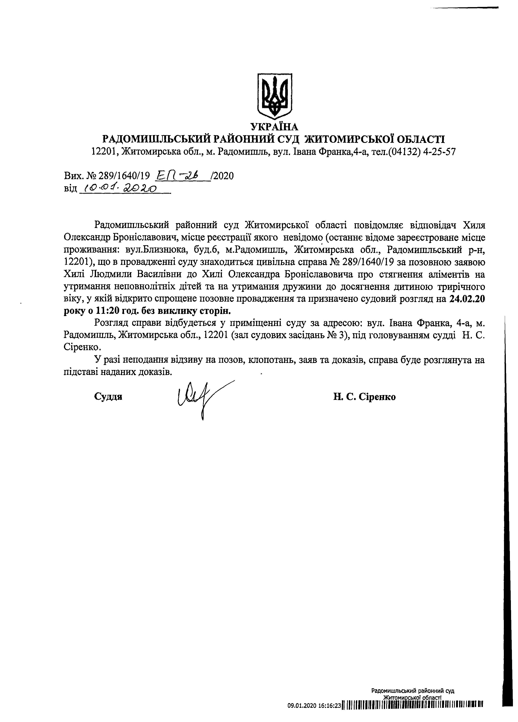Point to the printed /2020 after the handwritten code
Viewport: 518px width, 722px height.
(x=222, y=175)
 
